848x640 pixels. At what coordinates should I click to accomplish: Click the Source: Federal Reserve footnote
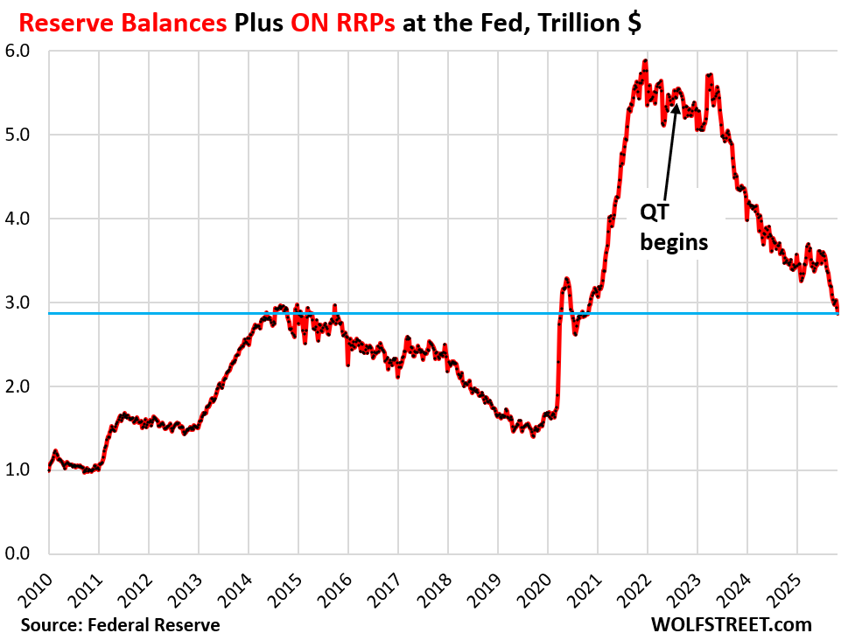click(121, 624)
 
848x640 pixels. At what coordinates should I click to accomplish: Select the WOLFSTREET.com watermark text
click(732, 624)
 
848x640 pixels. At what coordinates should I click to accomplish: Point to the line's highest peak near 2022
click(645, 61)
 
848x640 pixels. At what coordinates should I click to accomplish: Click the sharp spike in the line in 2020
click(566, 280)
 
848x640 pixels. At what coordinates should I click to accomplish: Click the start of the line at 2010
click(49, 470)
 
